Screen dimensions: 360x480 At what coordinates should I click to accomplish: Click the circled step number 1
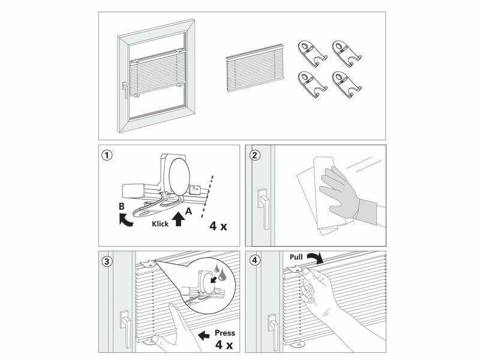coord(107,155)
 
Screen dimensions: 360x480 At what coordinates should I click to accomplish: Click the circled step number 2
coord(256,155)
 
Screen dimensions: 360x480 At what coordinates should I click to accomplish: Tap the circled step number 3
coord(107,260)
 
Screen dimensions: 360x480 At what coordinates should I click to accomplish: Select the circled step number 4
coord(256,260)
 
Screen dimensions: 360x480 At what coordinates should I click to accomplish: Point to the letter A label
coord(188,211)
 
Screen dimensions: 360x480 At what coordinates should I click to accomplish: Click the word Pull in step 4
coord(296,257)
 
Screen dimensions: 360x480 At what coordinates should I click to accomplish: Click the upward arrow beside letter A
coord(178,218)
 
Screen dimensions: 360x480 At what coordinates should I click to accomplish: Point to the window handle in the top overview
coord(125,90)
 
